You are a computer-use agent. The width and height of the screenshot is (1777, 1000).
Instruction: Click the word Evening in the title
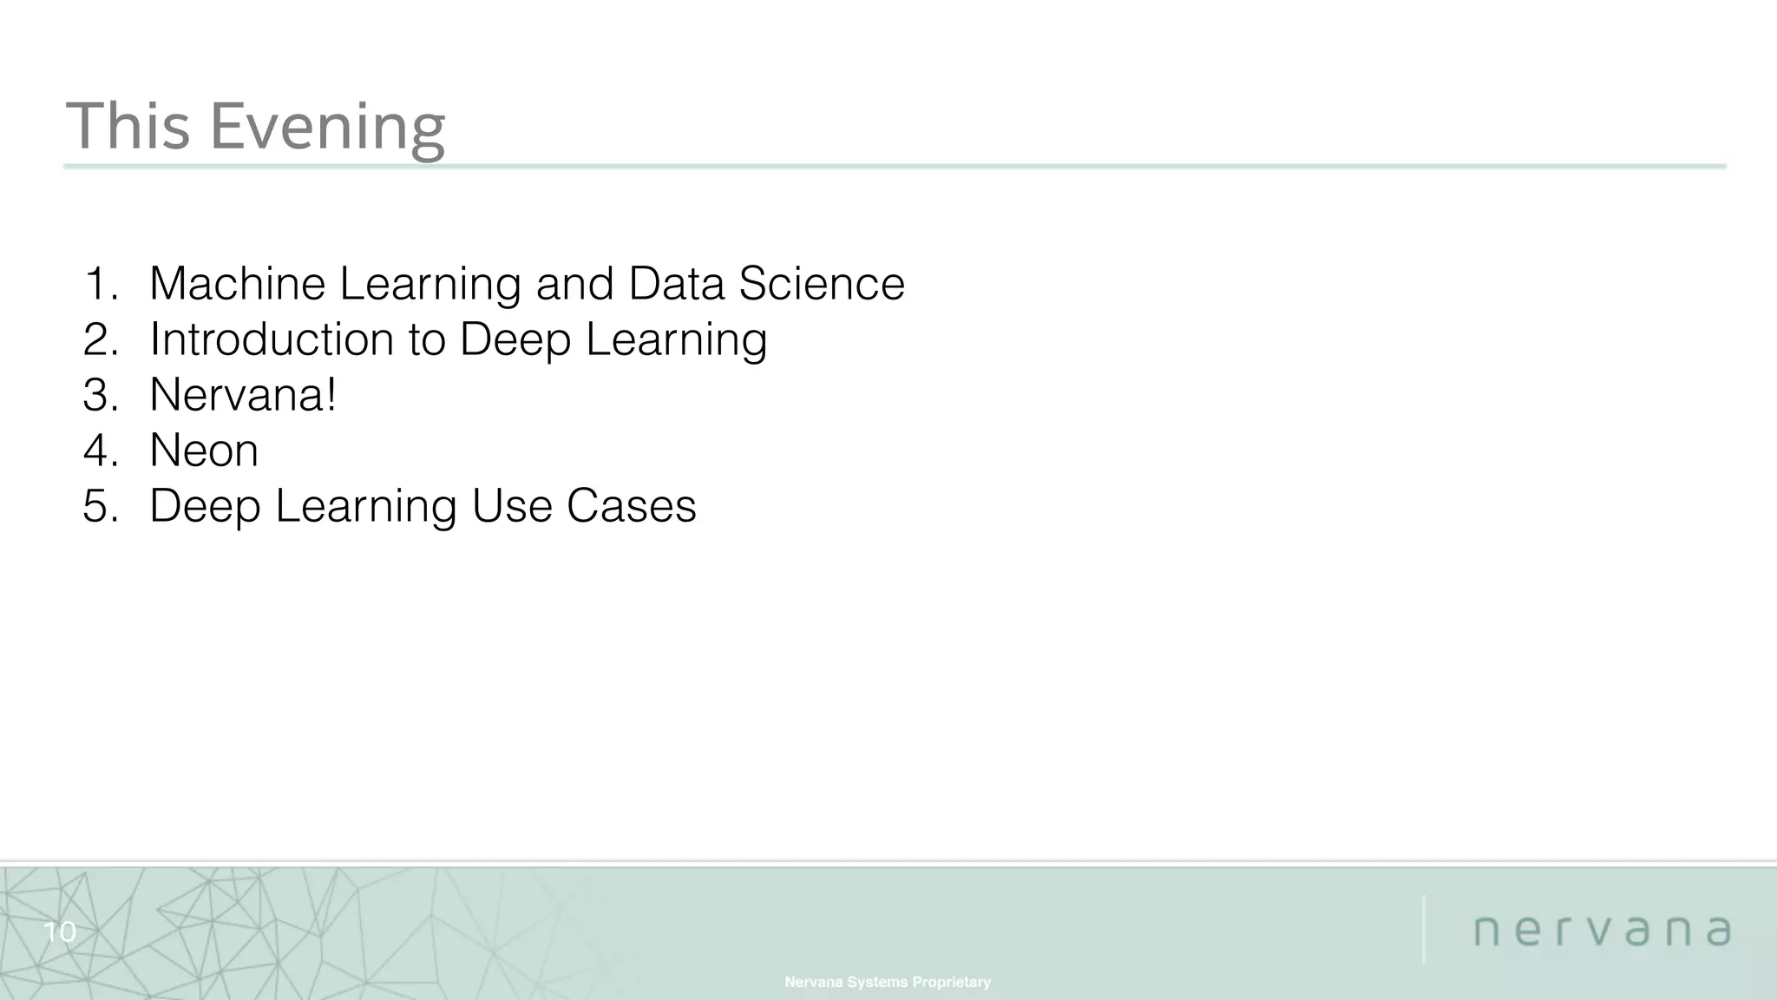tap(327, 127)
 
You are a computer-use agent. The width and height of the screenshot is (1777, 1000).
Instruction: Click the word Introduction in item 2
tap(272, 339)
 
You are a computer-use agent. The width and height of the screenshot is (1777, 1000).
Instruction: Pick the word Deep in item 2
tap(515, 340)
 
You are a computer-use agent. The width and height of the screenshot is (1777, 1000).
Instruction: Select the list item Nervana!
tap(242, 394)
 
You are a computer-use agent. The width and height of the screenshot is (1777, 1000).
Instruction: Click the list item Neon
tap(204, 450)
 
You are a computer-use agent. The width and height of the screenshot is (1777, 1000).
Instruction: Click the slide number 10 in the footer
tap(60, 932)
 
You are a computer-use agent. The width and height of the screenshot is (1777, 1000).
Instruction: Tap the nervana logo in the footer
tap(1602, 931)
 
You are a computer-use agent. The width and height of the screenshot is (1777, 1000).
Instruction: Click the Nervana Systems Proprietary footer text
tap(888, 982)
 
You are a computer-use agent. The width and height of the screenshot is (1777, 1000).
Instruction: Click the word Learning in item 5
tap(365, 507)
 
